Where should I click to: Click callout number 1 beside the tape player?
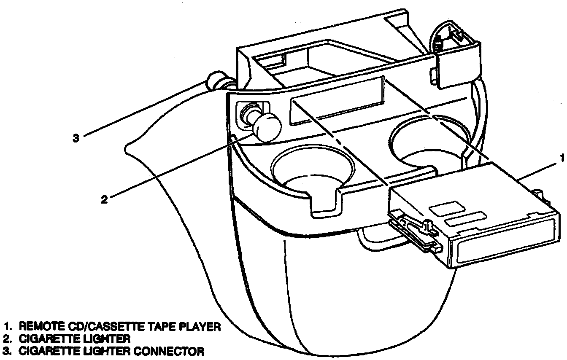point(561,158)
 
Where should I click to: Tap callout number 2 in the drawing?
point(105,199)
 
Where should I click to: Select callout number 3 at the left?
point(76,138)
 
